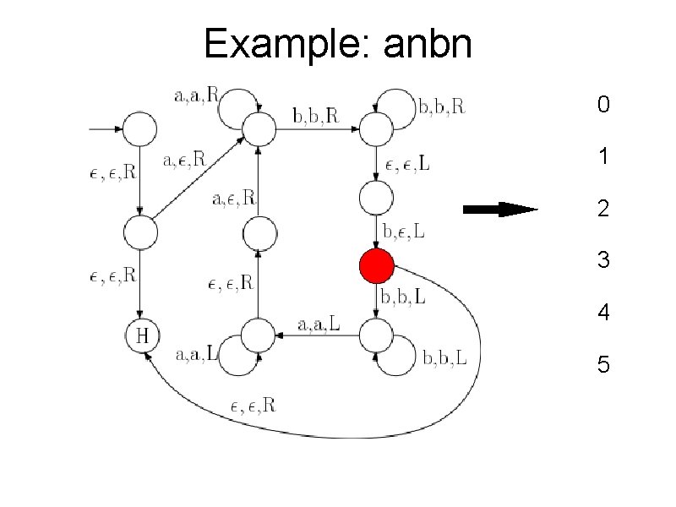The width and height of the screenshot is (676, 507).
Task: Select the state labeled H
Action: point(142,335)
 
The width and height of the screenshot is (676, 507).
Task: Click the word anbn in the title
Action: point(428,44)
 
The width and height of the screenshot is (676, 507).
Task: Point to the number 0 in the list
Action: point(602,106)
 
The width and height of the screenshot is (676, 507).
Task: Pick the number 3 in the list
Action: point(602,260)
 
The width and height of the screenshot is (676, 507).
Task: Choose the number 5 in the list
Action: point(602,365)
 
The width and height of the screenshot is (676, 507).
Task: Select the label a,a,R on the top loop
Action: point(195,96)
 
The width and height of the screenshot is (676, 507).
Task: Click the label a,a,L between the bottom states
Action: point(319,323)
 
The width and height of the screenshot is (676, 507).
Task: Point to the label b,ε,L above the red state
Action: point(405,229)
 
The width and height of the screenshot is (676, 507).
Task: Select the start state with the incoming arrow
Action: point(141,129)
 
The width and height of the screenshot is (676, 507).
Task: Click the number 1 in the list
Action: point(602,157)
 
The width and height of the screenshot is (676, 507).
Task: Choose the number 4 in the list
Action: point(602,313)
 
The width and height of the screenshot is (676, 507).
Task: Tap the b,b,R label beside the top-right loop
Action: point(441,107)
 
